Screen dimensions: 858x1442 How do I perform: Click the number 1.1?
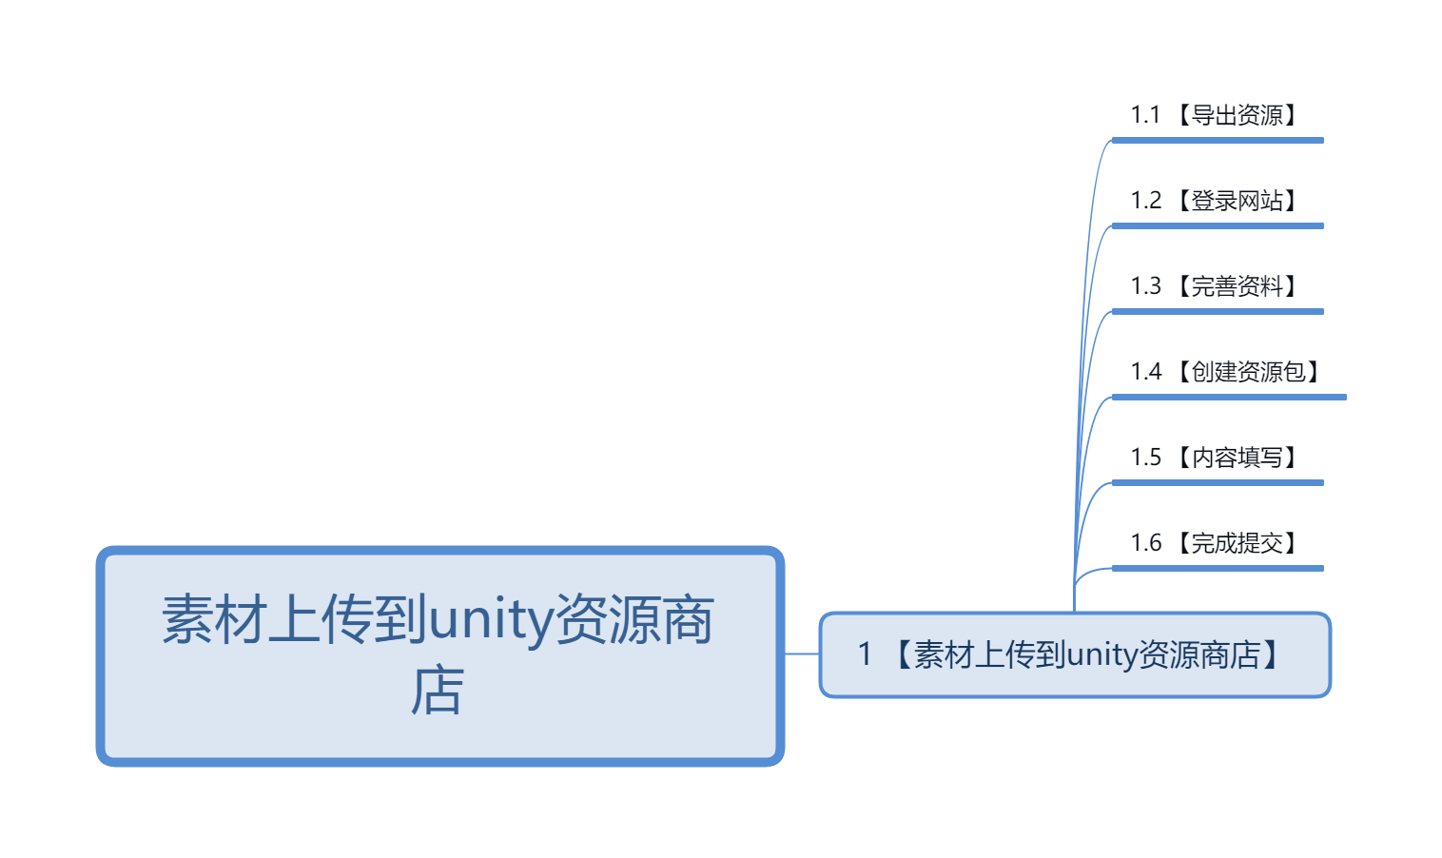click(1145, 115)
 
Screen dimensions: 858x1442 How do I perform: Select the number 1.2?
click(1145, 201)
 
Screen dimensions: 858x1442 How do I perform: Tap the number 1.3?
click(1145, 286)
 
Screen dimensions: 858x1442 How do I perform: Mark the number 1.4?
click(1145, 372)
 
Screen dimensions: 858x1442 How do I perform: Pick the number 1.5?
click(1145, 458)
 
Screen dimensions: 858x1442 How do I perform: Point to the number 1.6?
click(1145, 543)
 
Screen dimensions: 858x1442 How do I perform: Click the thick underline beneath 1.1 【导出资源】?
click(1218, 141)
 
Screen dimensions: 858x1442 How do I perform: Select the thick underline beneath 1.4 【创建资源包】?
click(1229, 398)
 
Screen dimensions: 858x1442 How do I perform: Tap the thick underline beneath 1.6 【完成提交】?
click(1218, 569)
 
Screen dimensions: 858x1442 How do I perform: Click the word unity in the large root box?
click(491, 620)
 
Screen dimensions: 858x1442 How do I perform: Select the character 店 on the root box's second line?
click(438, 692)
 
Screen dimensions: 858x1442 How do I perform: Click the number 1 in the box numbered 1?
click(865, 654)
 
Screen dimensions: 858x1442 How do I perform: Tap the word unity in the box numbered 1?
click(1101, 655)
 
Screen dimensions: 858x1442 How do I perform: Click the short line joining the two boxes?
click(802, 654)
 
